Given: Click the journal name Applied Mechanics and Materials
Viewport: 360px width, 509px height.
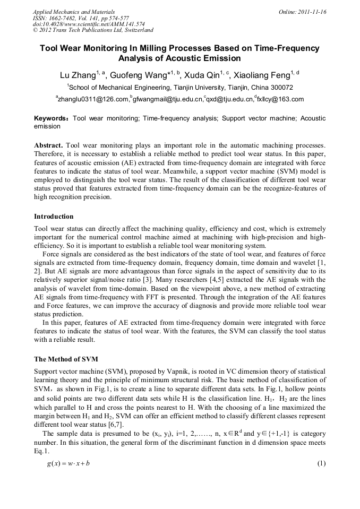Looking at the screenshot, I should (x=73, y=12).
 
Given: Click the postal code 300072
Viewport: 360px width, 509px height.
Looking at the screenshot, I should (x=280, y=87).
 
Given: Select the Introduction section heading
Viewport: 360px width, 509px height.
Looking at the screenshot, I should (x=54, y=217).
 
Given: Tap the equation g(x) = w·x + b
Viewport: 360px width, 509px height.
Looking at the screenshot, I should (x=68, y=463).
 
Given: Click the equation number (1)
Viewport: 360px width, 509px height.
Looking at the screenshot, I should (x=321, y=463).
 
